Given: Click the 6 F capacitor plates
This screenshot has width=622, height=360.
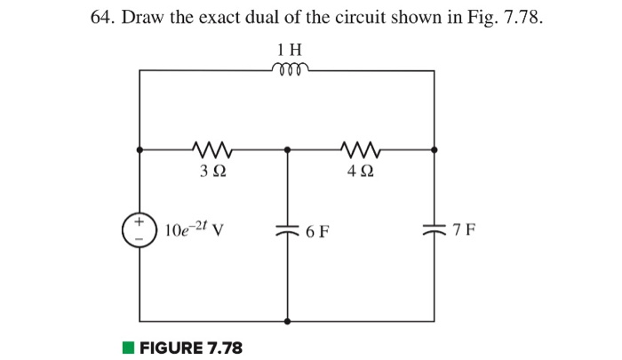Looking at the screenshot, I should tap(287, 231).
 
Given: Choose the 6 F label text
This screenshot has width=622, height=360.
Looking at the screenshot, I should tap(316, 232).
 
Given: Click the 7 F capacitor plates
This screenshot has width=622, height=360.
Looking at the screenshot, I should tap(435, 231).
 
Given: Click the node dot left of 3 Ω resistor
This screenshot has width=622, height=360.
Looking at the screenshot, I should tap(140, 150).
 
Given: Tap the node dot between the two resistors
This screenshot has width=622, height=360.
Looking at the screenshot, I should tap(287, 150).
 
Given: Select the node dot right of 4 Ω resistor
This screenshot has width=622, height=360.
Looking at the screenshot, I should tap(435, 150).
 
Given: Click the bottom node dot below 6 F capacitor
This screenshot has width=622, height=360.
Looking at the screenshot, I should tap(287, 321).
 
